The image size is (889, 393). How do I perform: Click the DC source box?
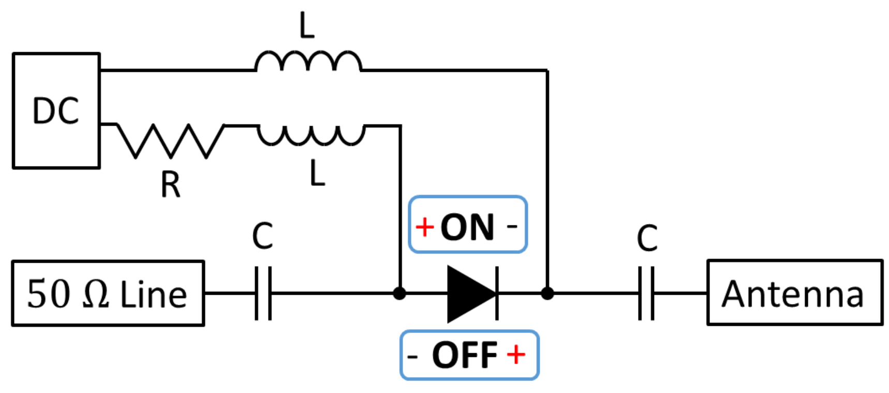[x=56, y=111]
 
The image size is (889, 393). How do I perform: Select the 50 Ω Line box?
[x=108, y=294]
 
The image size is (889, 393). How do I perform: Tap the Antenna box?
[x=794, y=293]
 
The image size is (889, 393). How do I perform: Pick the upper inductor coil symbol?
[x=308, y=61]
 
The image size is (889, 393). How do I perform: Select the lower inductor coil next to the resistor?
[x=311, y=135]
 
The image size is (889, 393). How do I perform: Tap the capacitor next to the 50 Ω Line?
[x=263, y=294]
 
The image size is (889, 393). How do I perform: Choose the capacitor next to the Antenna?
[x=646, y=294]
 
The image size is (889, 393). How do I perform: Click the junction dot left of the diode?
[x=399, y=294]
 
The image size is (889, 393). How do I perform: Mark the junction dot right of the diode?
[x=547, y=294]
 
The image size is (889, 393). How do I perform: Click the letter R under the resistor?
[x=170, y=185]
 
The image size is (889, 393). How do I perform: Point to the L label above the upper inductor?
[x=307, y=26]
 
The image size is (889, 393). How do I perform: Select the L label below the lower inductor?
[x=317, y=173]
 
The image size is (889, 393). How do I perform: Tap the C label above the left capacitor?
[x=262, y=236]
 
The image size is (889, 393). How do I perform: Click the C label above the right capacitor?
[x=647, y=238]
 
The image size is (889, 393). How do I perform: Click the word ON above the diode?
[x=467, y=228]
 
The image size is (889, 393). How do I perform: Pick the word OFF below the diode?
[x=465, y=356]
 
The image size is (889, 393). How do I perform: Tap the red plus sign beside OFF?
[x=516, y=355]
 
